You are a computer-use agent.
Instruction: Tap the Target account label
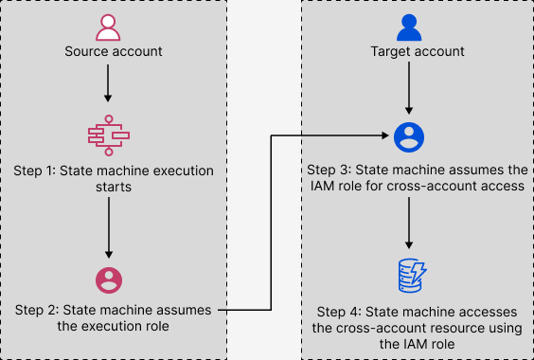[408, 50]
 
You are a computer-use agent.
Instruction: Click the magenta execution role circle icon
[109, 280]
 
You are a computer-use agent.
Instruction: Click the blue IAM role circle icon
[408, 137]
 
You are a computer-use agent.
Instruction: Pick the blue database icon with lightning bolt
[408, 277]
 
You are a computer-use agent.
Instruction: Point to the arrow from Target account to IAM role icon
[408, 90]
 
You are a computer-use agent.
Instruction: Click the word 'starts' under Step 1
[109, 188]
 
